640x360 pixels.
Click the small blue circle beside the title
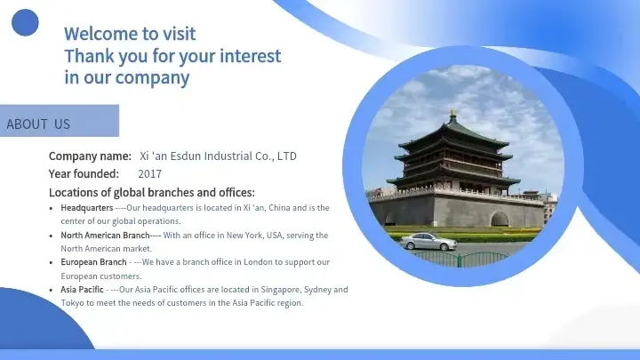point(25,22)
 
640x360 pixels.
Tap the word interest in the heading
point(250,56)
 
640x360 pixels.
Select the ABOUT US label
point(38,124)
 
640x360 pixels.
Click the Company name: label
point(90,156)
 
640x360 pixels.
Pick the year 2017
point(150,174)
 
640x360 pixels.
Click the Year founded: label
point(84,174)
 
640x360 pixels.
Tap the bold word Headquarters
point(87,208)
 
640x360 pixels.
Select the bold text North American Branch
point(105,236)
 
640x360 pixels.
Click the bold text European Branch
point(93,262)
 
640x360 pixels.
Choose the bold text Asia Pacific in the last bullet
point(82,290)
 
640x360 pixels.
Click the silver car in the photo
point(428,241)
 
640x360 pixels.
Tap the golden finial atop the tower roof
point(452,115)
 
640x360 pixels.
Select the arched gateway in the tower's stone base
point(500,219)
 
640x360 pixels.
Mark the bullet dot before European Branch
point(51,263)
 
